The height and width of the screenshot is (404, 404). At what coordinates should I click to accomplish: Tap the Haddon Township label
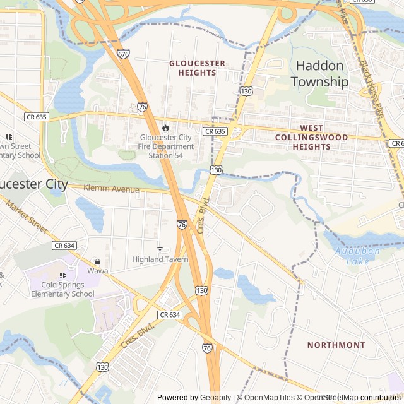pos(319,74)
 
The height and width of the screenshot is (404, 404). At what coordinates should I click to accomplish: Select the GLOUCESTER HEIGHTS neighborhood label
pos(197,68)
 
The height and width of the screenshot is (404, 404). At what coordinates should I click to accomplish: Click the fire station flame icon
pos(166,128)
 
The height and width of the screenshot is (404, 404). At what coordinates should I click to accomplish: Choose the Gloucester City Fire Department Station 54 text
pos(167,146)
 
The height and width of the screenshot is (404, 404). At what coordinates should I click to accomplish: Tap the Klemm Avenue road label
pos(112,189)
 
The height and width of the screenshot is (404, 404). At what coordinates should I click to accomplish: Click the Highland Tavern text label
pos(160,259)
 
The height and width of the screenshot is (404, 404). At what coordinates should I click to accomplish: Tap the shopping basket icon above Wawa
pos(97,261)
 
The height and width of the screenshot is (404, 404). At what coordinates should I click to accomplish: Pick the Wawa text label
pos(97,271)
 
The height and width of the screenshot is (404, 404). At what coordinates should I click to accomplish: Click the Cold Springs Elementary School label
pos(62,289)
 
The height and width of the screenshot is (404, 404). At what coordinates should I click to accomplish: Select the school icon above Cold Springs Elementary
pos(62,275)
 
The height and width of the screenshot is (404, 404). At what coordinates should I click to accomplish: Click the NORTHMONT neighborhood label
pos(336,345)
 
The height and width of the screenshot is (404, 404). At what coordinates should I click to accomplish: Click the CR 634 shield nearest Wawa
pos(64,246)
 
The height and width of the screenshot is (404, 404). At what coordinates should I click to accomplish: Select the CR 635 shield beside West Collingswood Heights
pos(215,131)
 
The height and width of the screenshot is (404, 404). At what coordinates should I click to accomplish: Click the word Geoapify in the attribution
pos(216,398)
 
